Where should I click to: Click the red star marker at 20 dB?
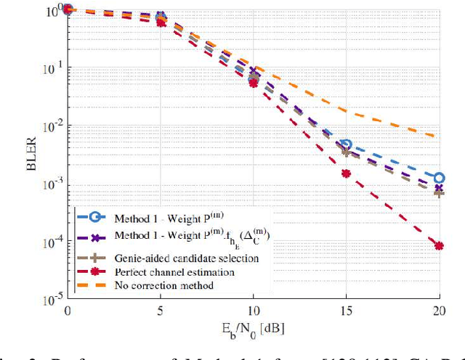pyautogui.click(x=439, y=246)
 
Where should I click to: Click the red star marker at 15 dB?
pyautogui.click(x=346, y=173)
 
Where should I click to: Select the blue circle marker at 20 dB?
pyautogui.click(x=439, y=178)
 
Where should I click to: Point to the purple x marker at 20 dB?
pyautogui.click(x=439, y=189)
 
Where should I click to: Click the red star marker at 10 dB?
pyautogui.click(x=254, y=83)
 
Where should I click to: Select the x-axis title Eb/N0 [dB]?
pyautogui.click(x=253, y=327)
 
